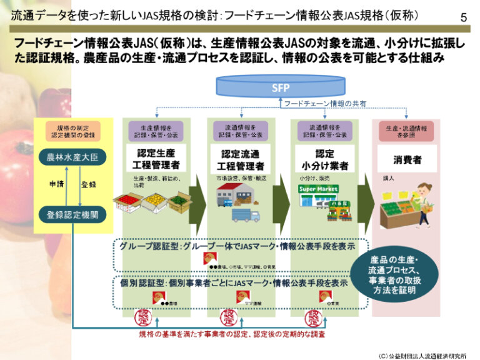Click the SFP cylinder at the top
point(281,87)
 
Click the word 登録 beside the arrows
point(89,185)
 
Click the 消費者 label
point(407,160)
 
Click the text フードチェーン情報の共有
point(326,103)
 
